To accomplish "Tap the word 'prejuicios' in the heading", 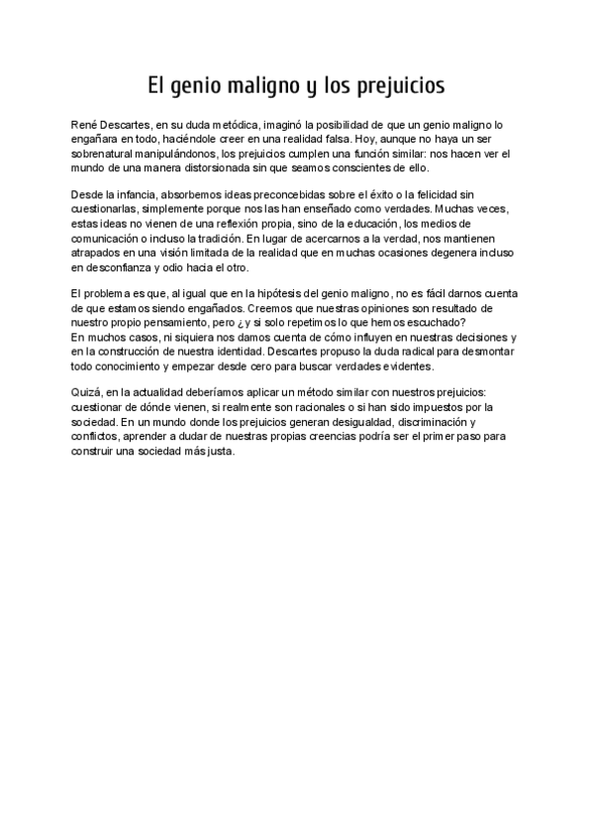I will [397, 86].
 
